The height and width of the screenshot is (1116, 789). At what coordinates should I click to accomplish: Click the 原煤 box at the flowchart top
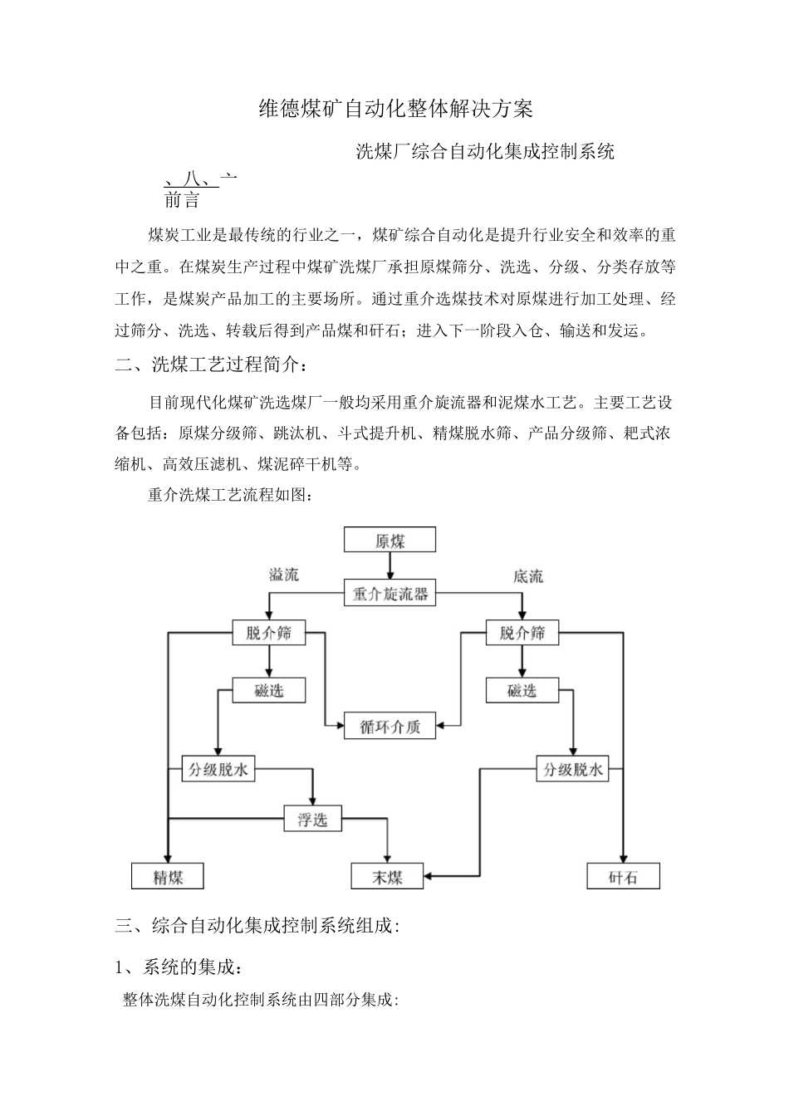click(x=390, y=541)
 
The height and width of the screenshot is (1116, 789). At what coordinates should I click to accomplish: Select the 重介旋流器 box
click(x=390, y=594)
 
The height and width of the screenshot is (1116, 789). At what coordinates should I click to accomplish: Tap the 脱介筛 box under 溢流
click(x=268, y=633)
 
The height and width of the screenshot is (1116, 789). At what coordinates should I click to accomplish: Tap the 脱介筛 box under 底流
click(x=522, y=633)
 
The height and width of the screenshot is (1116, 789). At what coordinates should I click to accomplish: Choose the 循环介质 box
click(x=390, y=727)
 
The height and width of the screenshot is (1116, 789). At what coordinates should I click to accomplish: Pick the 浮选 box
click(x=312, y=820)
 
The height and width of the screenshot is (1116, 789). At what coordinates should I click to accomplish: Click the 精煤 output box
click(x=168, y=877)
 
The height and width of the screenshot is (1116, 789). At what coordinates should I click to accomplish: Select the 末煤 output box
click(x=387, y=877)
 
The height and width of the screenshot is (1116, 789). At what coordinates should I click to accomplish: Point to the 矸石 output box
click(x=623, y=877)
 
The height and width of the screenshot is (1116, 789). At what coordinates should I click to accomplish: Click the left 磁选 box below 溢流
click(x=268, y=689)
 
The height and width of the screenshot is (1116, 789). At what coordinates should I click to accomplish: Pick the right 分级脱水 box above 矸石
click(x=573, y=770)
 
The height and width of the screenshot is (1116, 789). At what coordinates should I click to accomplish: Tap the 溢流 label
click(x=283, y=575)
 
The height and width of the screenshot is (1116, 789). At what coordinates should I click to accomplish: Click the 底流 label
click(x=528, y=576)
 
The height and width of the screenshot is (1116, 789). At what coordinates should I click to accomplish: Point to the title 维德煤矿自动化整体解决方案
click(x=394, y=109)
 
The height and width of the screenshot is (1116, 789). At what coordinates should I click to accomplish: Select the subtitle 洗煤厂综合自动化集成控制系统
click(x=485, y=151)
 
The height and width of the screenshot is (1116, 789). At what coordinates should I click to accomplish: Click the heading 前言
click(x=182, y=200)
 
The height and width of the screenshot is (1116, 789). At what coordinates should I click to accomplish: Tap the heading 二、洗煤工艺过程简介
click(x=215, y=365)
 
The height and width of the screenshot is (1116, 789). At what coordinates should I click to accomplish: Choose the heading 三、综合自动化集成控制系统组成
click(x=258, y=925)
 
